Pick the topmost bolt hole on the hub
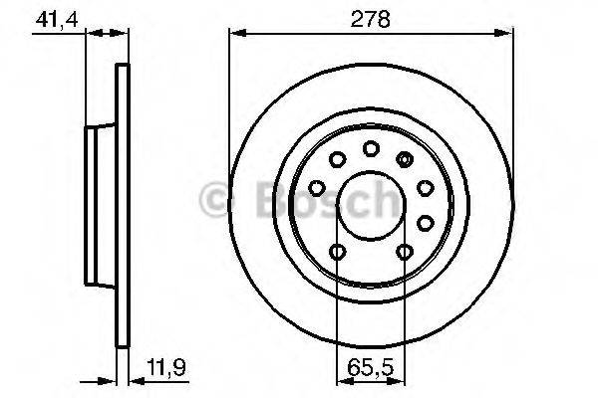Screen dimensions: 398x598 (x=370, y=148)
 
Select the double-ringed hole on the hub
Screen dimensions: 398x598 (x=404, y=158)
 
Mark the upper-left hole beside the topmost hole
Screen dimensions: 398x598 (x=337, y=159)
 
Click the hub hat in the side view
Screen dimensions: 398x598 (x=100, y=204)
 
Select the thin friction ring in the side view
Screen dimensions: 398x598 (x=124, y=204)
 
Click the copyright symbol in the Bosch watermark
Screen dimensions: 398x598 (x=214, y=199)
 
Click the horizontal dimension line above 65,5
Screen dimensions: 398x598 (x=370, y=378)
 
